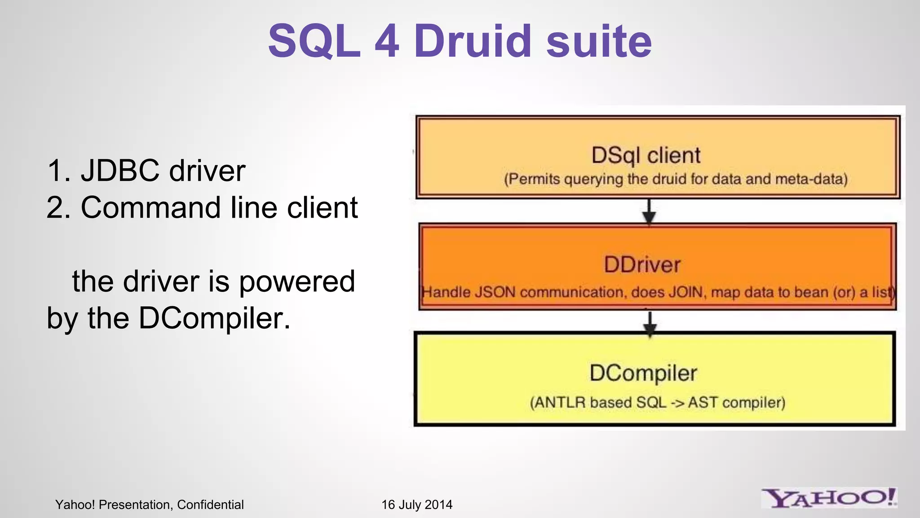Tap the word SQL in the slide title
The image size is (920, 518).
tap(314, 41)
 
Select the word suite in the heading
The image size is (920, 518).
tap(599, 41)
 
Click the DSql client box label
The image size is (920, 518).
tap(646, 156)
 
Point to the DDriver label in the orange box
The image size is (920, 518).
tap(642, 264)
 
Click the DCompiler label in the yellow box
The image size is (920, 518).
tap(643, 373)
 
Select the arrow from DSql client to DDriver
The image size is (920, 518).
tap(649, 211)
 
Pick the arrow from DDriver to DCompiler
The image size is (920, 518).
tap(650, 323)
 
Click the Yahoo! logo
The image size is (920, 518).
tap(829, 498)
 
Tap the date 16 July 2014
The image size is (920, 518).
tap(416, 505)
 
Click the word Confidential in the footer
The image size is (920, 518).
tap(210, 505)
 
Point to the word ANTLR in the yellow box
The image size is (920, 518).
tap(560, 402)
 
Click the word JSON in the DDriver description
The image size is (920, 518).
tap(495, 292)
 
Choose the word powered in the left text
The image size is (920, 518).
tap(296, 281)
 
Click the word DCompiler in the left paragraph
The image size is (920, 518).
tap(214, 318)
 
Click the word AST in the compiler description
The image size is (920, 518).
tap(703, 402)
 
